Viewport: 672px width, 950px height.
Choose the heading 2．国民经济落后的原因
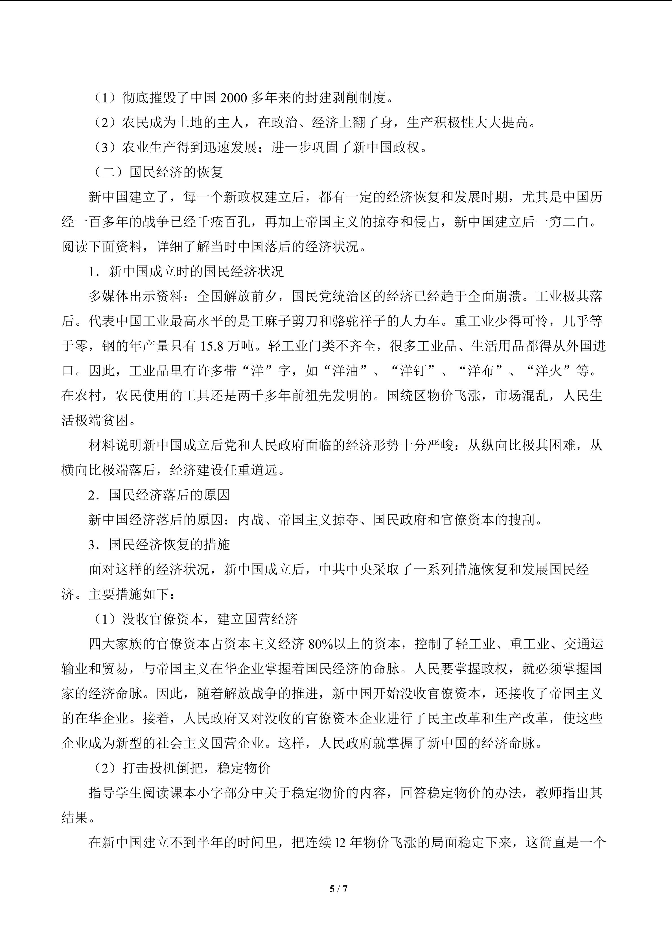tap(159, 495)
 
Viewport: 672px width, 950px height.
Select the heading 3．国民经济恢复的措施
tap(159, 545)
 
